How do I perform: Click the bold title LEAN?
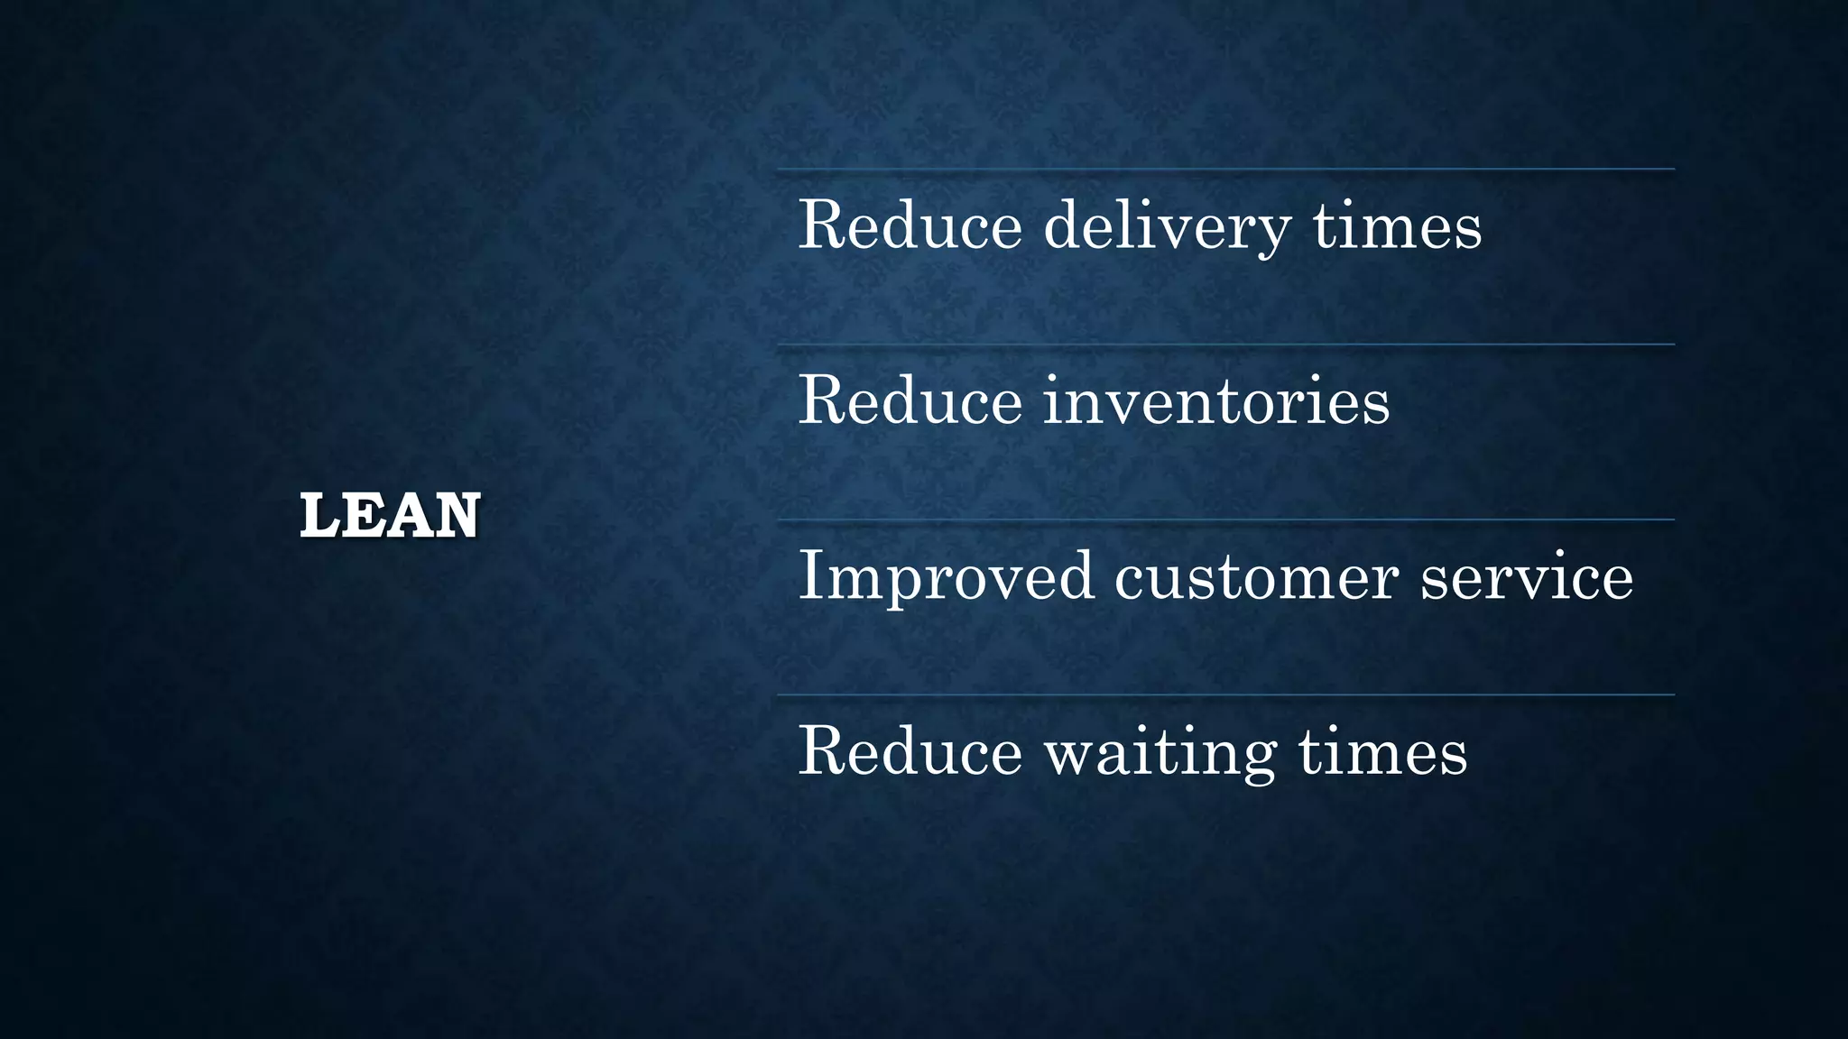coord(390,516)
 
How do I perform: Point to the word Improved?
coord(946,577)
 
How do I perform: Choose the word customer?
coord(1256,577)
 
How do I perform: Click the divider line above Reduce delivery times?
coord(1225,169)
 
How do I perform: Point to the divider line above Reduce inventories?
coord(1225,345)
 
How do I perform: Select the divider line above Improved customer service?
coord(1225,519)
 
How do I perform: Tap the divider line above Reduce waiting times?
coord(1225,694)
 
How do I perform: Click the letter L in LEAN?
coord(318,516)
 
